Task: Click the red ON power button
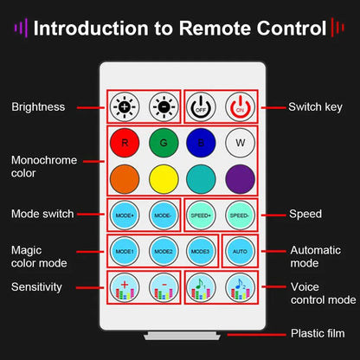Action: click(240, 106)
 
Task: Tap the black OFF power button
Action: click(201, 106)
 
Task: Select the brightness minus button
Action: click(164, 106)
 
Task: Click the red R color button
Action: click(125, 143)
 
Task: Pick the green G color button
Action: click(164, 143)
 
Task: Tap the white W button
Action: click(240, 143)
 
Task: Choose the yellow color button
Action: click(164, 179)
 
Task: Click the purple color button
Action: click(240, 179)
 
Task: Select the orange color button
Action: click(125, 179)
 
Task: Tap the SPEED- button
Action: click(240, 215)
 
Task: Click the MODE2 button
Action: click(164, 251)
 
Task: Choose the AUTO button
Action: click(240, 251)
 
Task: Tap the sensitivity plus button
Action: click(125, 287)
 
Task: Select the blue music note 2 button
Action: click(240, 287)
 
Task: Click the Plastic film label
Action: click(318, 333)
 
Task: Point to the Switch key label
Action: click(315, 107)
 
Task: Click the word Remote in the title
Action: click(215, 29)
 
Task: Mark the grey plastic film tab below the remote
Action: click(183, 336)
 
